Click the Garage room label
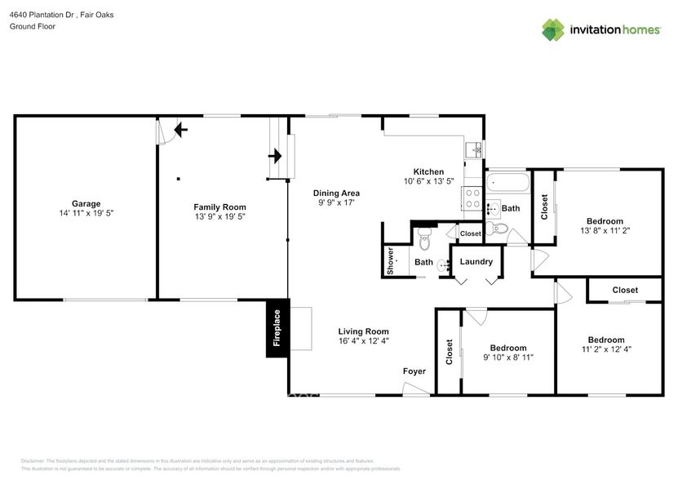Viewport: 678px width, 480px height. coord(86,203)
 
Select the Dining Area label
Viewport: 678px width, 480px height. coord(337,193)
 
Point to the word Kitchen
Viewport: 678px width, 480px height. coord(428,171)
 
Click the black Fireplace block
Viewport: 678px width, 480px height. coord(277,328)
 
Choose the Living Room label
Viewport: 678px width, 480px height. coord(363,331)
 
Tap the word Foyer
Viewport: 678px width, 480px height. coord(414,371)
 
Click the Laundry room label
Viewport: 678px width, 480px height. coord(476,261)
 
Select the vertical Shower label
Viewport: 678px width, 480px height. coord(391,261)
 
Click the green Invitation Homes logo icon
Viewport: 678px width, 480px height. coord(553,30)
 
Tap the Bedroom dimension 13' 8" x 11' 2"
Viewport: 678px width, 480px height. coord(605,230)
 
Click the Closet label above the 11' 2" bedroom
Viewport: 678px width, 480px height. coord(625,290)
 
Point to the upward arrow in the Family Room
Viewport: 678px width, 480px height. coord(179,129)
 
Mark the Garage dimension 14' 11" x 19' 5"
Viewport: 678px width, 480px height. coord(86,214)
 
